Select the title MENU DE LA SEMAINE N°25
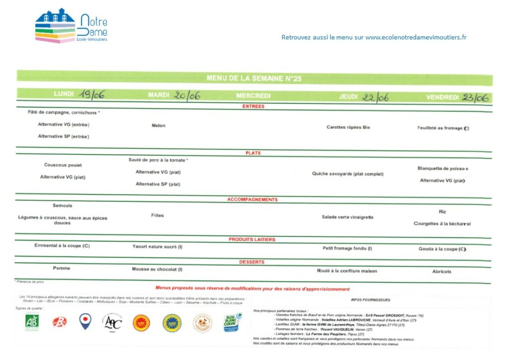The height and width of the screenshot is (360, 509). [x=254, y=79]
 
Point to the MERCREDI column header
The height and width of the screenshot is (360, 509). [x=253, y=96]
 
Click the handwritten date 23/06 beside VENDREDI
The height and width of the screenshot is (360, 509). [x=475, y=97]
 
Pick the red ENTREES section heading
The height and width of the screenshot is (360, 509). [x=254, y=106]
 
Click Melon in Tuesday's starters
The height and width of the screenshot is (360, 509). [x=159, y=125]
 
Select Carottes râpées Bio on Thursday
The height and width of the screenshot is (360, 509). [x=348, y=127]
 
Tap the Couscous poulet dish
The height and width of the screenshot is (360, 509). [x=63, y=165]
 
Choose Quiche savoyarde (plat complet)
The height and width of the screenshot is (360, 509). [x=347, y=174]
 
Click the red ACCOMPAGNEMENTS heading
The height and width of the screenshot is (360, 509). [x=253, y=200]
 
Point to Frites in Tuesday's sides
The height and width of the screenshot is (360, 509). [x=157, y=215]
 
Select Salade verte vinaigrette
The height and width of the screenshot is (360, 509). [x=347, y=217]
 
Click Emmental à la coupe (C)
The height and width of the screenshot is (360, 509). [x=62, y=246]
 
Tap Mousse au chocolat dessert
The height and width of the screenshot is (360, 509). [x=157, y=269]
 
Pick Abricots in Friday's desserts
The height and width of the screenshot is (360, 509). [x=442, y=271]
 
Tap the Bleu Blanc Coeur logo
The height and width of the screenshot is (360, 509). [x=232, y=322]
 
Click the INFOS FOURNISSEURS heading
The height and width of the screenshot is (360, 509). [x=370, y=300]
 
